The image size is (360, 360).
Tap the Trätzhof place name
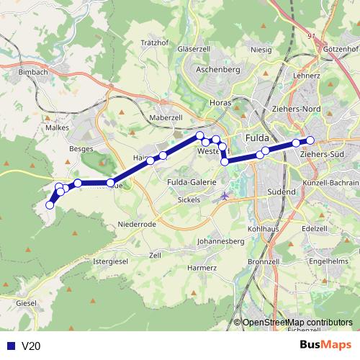point(155,42)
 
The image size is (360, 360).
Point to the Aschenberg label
point(217,70)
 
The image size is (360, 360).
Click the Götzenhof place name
point(341,48)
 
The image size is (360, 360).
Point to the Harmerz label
point(202,267)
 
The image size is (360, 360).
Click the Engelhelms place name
point(332,261)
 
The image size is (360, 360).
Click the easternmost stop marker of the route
point(310,140)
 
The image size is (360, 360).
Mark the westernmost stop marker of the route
point(50,205)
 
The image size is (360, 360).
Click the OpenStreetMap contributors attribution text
point(297,323)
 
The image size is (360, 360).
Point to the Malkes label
point(57,127)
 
